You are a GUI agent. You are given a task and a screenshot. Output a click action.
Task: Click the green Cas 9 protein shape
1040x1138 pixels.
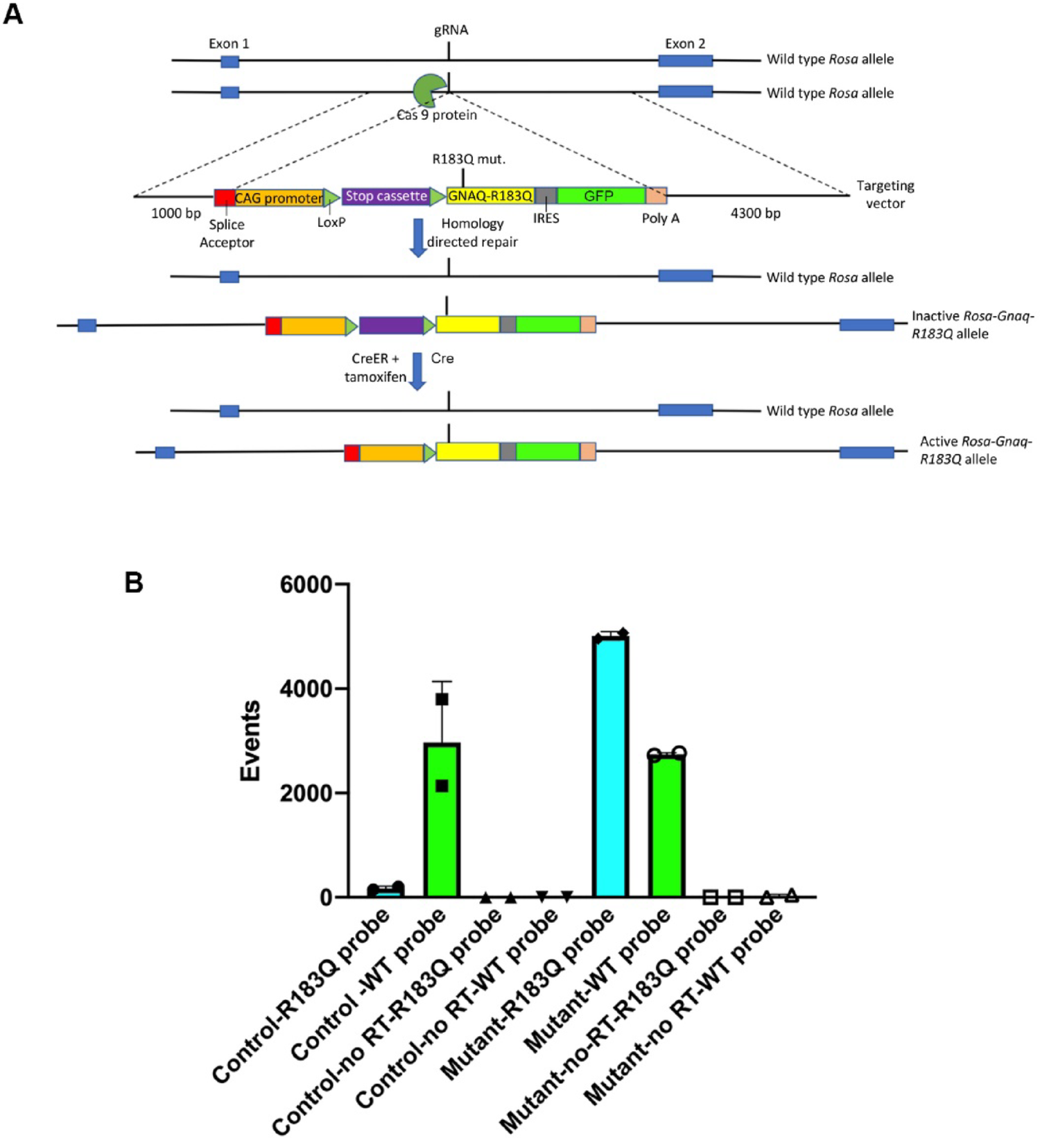click(x=428, y=91)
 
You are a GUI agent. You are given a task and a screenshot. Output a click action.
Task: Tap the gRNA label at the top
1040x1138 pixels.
click(x=451, y=31)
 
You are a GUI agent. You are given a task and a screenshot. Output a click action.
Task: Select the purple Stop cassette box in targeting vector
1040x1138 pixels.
click(x=386, y=196)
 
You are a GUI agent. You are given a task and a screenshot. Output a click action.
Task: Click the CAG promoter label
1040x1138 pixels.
click(x=279, y=198)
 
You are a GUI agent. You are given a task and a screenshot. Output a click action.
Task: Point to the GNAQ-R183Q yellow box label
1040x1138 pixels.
click(x=490, y=196)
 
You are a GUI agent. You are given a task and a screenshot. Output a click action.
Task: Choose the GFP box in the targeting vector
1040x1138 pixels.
click(x=599, y=196)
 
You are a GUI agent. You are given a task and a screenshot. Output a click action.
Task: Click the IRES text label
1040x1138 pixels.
click(x=546, y=218)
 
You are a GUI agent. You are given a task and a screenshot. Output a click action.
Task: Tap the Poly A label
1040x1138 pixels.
click(x=660, y=218)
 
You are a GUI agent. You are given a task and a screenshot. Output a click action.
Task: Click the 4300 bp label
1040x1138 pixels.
click(x=755, y=214)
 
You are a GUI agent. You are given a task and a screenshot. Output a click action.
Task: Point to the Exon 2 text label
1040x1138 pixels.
click(x=685, y=44)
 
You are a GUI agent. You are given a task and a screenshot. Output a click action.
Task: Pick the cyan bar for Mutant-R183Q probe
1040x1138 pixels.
click(x=611, y=766)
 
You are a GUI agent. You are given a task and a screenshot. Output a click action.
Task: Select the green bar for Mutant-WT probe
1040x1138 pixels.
click(x=667, y=825)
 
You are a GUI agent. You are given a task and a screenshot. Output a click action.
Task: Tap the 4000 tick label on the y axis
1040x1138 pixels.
click(x=306, y=689)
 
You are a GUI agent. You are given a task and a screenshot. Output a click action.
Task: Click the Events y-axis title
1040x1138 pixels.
click(x=250, y=741)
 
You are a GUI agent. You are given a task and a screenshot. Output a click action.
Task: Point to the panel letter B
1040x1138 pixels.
click(x=133, y=583)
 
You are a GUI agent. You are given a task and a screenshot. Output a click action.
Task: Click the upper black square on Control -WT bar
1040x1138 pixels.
click(x=442, y=699)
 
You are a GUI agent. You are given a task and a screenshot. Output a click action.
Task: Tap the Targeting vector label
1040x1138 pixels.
click(x=885, y=194)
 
